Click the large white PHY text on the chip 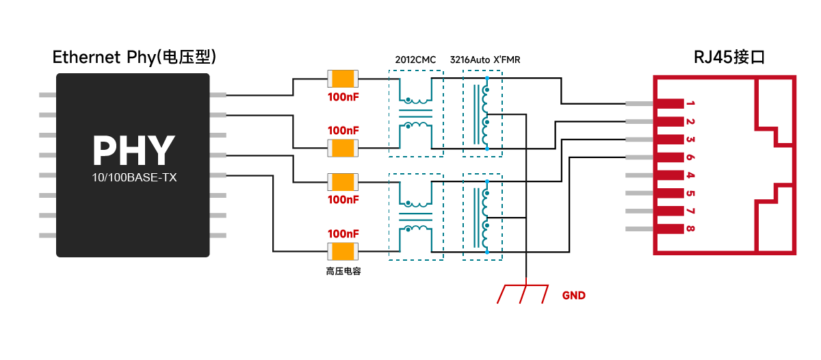point(133,151)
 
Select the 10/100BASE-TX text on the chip point(134,177)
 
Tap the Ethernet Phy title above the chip point(134,57)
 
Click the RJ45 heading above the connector point(729,57)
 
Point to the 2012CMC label point(415,60)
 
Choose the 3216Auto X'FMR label point(485,60)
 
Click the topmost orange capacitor point(343,79)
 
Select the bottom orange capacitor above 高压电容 point(343,251)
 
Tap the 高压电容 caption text point(343,271)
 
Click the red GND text point(573,296)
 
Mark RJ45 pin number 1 point(690,103)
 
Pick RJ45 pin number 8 point(690,229)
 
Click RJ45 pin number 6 point(690,157)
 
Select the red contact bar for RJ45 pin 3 point(670,140)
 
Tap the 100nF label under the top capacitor point(343,97)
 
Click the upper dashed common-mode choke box point(416,114)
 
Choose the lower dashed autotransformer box point(482,217)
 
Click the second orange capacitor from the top point(343,148)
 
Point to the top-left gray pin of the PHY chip point(48,95)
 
